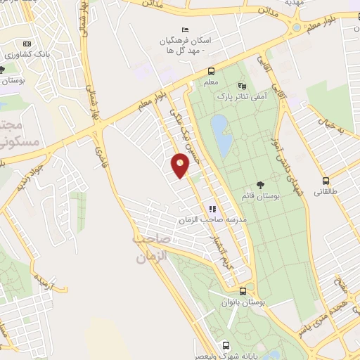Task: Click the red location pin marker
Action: click(x=180, y=165)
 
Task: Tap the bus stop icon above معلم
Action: click(x=211, y=71)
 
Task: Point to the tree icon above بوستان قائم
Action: click(x=261, y=185)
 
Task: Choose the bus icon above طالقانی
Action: click(x=326, y=180)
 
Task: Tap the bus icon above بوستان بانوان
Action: click(x=243, y=290)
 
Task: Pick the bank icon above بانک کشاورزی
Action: click(x=27, y=43)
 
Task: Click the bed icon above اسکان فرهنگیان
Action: click(x=186, y=29)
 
